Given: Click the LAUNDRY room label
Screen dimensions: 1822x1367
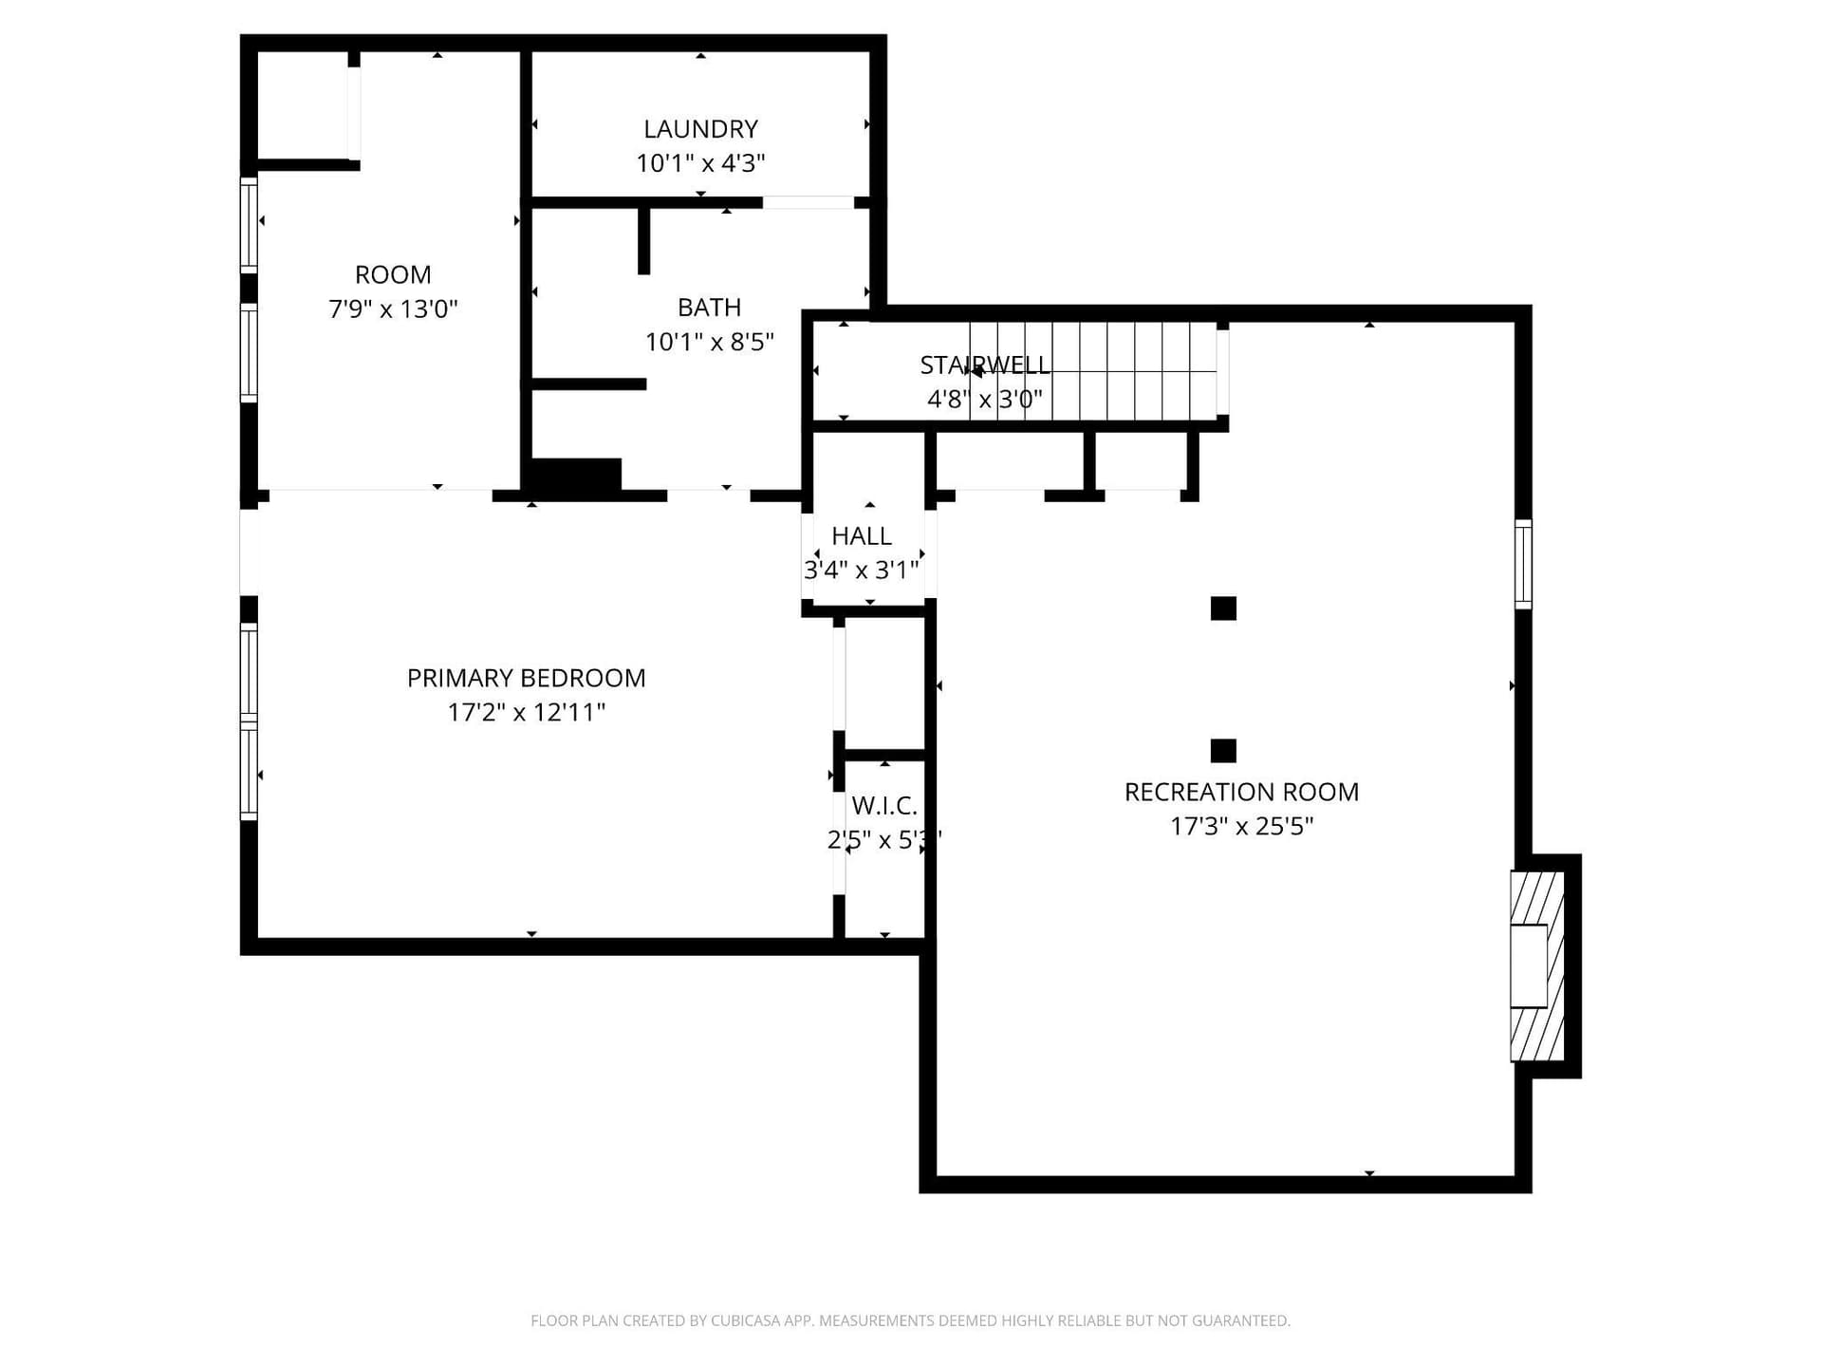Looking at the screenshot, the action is click(x=700, y=129).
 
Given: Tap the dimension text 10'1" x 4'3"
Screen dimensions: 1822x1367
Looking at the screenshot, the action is click(x=700, y=163).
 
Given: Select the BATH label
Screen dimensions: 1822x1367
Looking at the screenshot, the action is click(x=709, y=308).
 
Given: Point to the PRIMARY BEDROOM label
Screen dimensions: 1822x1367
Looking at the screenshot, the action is click(x=526, y=678).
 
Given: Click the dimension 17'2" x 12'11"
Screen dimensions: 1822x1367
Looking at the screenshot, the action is click(x=526, y=712).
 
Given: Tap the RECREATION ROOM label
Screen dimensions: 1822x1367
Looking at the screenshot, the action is click(x=1241, y=792).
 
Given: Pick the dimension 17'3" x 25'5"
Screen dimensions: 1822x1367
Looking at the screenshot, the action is click(x=1241, y=826).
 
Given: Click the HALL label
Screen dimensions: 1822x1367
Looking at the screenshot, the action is click(x=862, y=535).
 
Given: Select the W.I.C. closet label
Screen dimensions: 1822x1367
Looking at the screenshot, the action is click(x=884, y=806).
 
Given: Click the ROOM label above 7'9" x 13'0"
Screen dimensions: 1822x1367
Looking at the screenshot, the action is click(x=393, y=274).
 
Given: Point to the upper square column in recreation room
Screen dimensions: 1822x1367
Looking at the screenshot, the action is click(x=1223, y=609).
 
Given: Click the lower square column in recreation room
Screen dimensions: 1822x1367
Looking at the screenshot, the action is click(x=1223, y=751).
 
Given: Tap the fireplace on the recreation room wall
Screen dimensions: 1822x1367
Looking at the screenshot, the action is click(x=1537, y=966).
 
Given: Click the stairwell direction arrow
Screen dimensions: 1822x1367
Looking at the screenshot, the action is click(x=975, y=370).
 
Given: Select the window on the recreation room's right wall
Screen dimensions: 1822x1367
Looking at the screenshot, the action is click(x=1523, y=564).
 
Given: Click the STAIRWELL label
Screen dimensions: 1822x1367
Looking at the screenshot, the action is click(x=985, y=365).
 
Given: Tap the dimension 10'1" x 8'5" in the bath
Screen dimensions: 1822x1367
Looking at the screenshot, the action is click(x=709, y=342).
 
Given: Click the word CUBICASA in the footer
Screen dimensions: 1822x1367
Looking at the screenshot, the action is click(x=746, y=1320).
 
